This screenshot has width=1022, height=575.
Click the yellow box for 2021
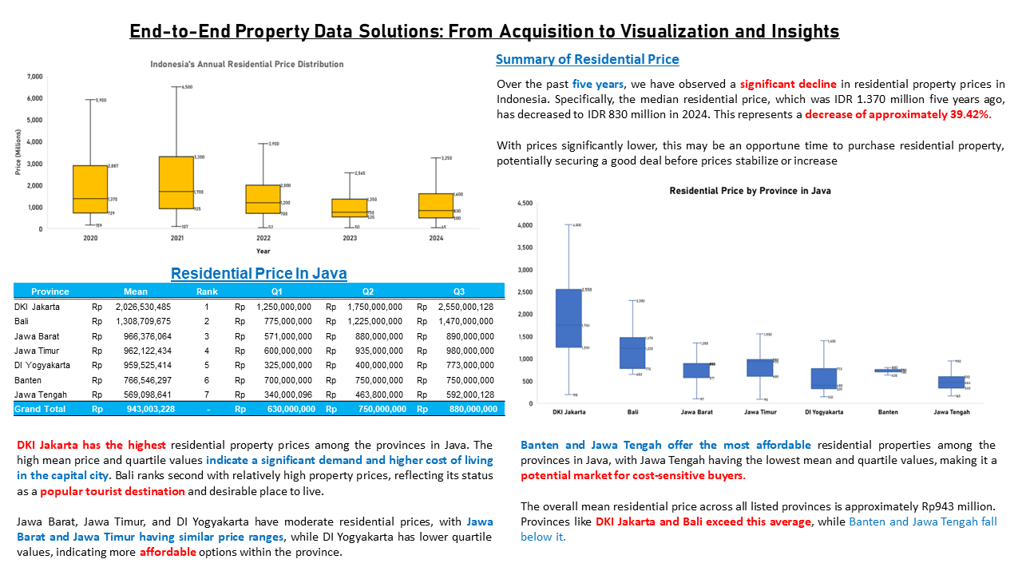176,182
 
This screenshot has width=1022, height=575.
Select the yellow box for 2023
350,208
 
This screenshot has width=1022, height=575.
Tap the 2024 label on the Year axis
436,239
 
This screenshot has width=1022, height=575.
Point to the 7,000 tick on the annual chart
34,77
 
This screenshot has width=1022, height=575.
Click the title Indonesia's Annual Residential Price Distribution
247,64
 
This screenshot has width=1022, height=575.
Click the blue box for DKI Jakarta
568,318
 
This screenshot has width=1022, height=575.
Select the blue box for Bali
632,352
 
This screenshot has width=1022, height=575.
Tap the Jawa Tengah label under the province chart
952,412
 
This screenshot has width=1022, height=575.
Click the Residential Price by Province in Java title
750,191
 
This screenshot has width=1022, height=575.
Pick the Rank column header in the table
207,291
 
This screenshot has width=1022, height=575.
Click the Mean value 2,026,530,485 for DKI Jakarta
143,307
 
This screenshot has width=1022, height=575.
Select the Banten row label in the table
28,380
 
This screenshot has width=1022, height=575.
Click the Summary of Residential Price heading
587,59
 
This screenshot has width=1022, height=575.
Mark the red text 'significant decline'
788,84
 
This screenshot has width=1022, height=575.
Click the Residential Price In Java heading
259,274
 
